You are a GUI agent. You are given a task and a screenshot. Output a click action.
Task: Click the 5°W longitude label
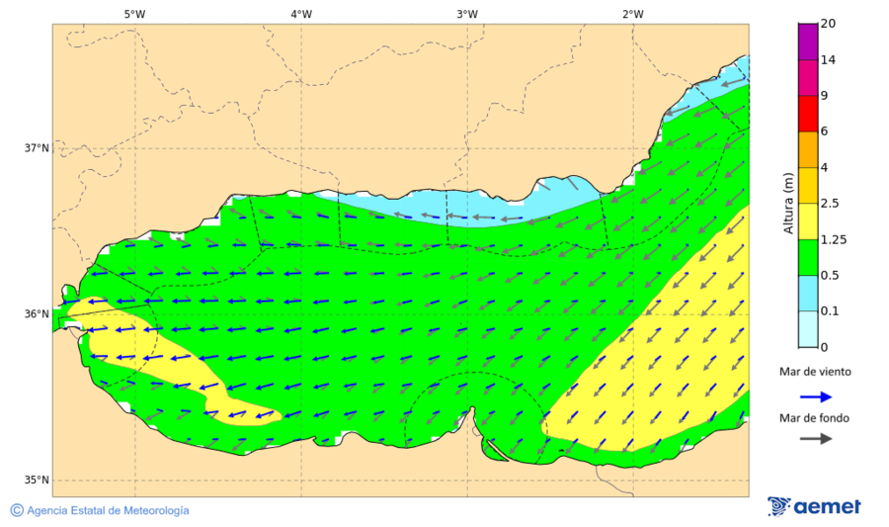[134, 14]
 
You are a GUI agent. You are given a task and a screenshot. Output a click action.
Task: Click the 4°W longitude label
[301, 14]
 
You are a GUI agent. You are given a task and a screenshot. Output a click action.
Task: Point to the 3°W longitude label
[467, 14]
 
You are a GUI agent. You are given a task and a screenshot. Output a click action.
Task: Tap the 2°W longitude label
[633, 14]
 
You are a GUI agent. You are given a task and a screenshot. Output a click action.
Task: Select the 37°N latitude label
[37, 148]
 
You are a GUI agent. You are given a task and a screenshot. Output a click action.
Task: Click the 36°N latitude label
[37, 314]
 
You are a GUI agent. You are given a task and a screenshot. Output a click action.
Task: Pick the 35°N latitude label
[37, 481]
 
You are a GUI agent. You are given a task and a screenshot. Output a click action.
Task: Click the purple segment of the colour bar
[807, 42]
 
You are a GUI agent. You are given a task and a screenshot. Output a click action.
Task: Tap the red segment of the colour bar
[807, 113]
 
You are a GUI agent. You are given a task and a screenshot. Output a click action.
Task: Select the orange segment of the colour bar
[807, 149]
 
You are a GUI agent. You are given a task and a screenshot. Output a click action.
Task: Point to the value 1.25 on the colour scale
[834, 239]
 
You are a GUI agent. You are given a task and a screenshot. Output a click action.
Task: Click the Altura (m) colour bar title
[788, 202]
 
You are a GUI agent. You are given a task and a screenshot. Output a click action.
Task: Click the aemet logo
[814, 506]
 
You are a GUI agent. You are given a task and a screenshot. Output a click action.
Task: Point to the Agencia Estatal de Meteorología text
[108, 510]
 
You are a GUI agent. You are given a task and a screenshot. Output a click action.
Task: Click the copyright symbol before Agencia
[17, 510]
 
